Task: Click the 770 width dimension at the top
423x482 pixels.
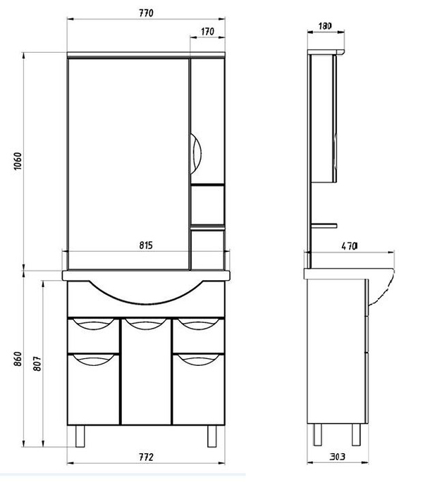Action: click(146, 13)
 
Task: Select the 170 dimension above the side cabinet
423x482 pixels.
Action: click(207, 32)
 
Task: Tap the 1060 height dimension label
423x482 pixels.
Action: click(18, 160)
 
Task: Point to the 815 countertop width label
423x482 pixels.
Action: click(146, 246)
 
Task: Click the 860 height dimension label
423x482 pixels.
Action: click(18, 359)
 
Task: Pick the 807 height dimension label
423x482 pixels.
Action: click(37, 363)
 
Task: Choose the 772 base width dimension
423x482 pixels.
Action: click(146, 457)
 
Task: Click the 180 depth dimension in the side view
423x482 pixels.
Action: click(325, 26)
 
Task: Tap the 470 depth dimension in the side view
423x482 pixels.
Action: click(350, 246)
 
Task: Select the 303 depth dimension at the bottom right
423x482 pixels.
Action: click(338, 457)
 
